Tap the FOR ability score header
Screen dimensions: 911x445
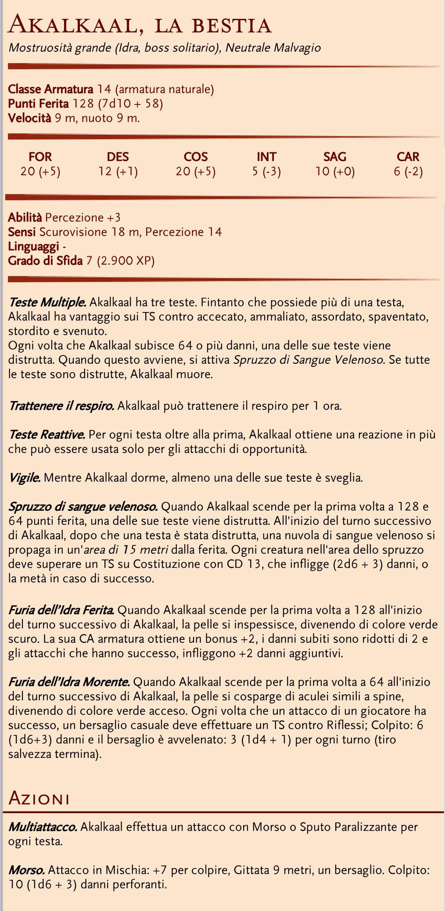coord(40,157)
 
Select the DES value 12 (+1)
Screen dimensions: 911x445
coord(118,171)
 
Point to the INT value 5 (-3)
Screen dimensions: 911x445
coord(266,171)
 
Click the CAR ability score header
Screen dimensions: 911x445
coord(408,157)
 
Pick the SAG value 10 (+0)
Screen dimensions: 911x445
coord(335,171)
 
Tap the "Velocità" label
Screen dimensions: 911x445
coord(30,118)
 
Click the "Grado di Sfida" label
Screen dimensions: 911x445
coord(45,261)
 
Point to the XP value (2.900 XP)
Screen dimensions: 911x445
coord(126,261)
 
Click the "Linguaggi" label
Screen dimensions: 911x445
coord(34,247)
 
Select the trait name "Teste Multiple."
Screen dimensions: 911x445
coord(47,302)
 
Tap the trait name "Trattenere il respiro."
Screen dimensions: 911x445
coord(61,405)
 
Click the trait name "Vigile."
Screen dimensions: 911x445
coord(25,477)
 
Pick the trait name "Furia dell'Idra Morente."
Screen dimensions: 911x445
coord(69,682)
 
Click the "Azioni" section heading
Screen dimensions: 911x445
coord(39,797)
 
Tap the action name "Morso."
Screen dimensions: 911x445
coord(27,870)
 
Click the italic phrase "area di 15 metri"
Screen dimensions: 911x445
coord(110,550)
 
